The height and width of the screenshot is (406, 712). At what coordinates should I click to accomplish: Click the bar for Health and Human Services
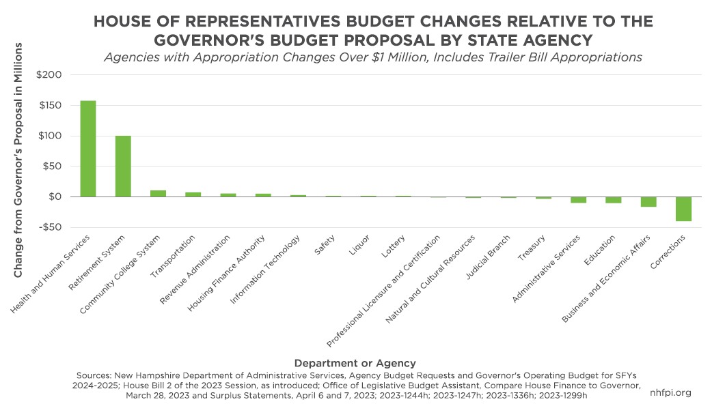pyautogui.click(x=88, y=149)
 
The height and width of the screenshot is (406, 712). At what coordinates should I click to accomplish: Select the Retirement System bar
pyautogui.click(x=123, y=166)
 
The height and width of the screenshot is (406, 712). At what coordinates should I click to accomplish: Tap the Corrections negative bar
pyautogui.click(x=683, y=209)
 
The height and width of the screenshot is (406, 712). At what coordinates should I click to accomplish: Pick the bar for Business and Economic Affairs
pyautogui.click(x=648, y=202)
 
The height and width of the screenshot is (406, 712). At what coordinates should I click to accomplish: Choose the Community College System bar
pyautogui.click(x=158, y=194)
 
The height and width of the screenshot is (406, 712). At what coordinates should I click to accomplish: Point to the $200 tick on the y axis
pyautogui.click(x=55, y=75)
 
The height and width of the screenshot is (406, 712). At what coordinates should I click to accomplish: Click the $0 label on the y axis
pyautogui.click(x=60, y=197)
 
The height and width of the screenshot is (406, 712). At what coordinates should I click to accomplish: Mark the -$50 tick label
pyautogui.click(x=55, y=227)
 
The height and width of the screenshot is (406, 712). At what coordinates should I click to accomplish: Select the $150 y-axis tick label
pyautogui.click(x=55, y=106)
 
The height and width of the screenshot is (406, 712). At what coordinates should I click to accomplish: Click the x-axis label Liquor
pyautogui.click(x=359, y=245)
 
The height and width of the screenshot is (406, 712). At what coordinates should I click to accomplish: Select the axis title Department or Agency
pyautogui.click(x=355, y=363)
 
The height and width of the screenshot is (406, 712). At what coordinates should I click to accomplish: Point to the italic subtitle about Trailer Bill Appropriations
pyautogui.click(x=373, y=57)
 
